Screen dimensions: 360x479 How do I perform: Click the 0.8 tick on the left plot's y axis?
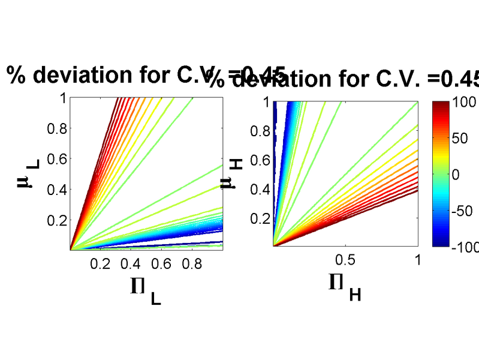55,128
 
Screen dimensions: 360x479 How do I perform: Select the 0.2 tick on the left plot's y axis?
55,220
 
